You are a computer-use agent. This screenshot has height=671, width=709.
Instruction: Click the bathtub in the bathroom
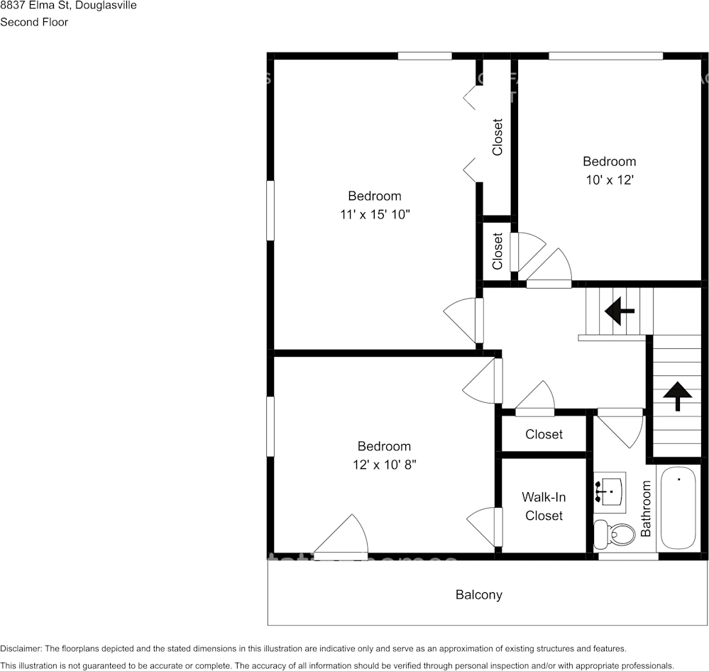click(x=680, y=508)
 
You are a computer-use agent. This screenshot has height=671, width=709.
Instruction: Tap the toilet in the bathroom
click(x=615, y=533)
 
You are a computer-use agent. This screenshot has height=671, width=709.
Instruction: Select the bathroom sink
click(x=610, y=491)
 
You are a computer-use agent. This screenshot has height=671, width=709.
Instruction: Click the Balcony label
click(x=478, y=595)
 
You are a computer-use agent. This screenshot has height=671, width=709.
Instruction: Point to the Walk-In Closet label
click(x=544, y=506)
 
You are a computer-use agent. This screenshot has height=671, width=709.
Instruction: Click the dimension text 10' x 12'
click(x=609, y=180)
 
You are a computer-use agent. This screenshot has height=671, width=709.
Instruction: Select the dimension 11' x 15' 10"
click(x=375, y=215)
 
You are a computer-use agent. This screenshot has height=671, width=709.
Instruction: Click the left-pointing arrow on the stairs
click(x=619, y=310)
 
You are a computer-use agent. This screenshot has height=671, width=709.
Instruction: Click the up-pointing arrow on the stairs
click(x=677, y=395)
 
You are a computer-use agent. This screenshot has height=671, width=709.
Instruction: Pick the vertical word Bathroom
click(x=646, y=508)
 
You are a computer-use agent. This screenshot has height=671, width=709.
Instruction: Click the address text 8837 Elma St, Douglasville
click(x=69, y=6)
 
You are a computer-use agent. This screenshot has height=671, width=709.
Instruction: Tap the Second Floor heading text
click(x=34, y=22)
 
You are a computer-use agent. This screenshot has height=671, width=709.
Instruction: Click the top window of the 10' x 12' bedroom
click(x=605, y=56)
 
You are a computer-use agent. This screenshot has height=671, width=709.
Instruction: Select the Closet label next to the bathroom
click(x=544, y=434)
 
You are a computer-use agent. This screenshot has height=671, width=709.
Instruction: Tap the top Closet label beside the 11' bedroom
click(x=498, y=137)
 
